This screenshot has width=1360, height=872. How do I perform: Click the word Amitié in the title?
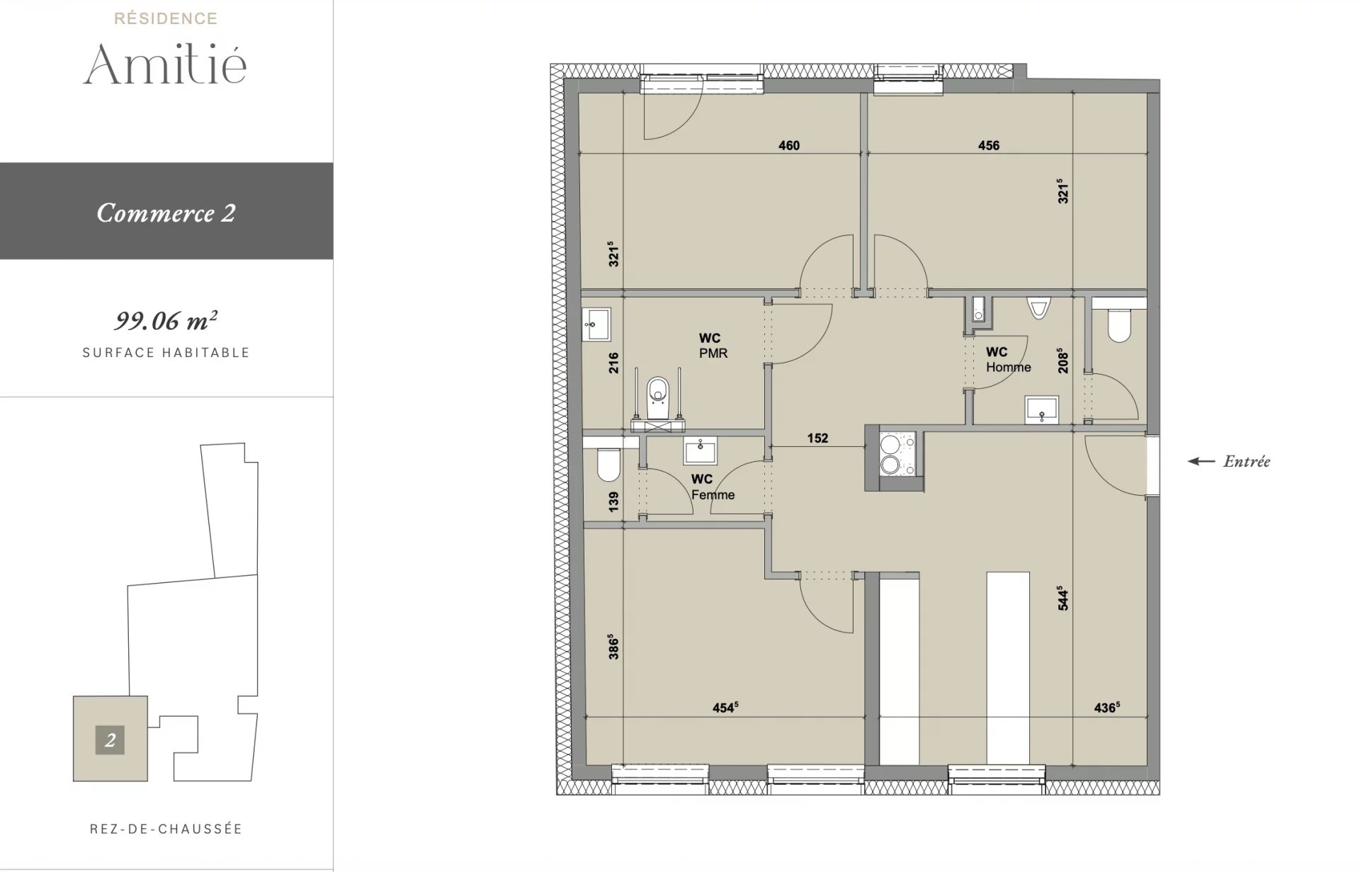[165, 64]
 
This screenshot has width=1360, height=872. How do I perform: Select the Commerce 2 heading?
[166, 213]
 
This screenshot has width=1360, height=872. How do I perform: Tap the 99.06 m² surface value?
[166, 320]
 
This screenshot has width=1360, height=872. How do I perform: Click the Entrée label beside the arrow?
[1247, 461]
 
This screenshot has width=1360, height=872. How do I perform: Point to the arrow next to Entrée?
[1201, 461]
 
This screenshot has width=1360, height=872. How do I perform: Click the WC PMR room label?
[713, 346]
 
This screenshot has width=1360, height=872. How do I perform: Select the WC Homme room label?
[1008, 359]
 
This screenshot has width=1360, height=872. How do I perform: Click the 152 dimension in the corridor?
[817, 438]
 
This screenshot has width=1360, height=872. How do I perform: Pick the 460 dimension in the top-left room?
[789, 145]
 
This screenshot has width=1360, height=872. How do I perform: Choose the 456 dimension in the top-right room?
[989, 145]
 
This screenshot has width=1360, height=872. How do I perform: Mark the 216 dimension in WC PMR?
[613, 363]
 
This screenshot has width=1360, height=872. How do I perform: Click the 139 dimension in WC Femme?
[613, 502]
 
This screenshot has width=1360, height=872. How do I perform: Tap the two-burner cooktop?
[897, 453]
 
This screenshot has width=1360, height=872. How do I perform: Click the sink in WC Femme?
[701, 450]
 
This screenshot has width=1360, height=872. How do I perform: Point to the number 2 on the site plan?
[110, 740]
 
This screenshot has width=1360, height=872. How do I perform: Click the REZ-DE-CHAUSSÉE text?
[166, 829]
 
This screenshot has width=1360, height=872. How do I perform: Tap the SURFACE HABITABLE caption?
[166, 353]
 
